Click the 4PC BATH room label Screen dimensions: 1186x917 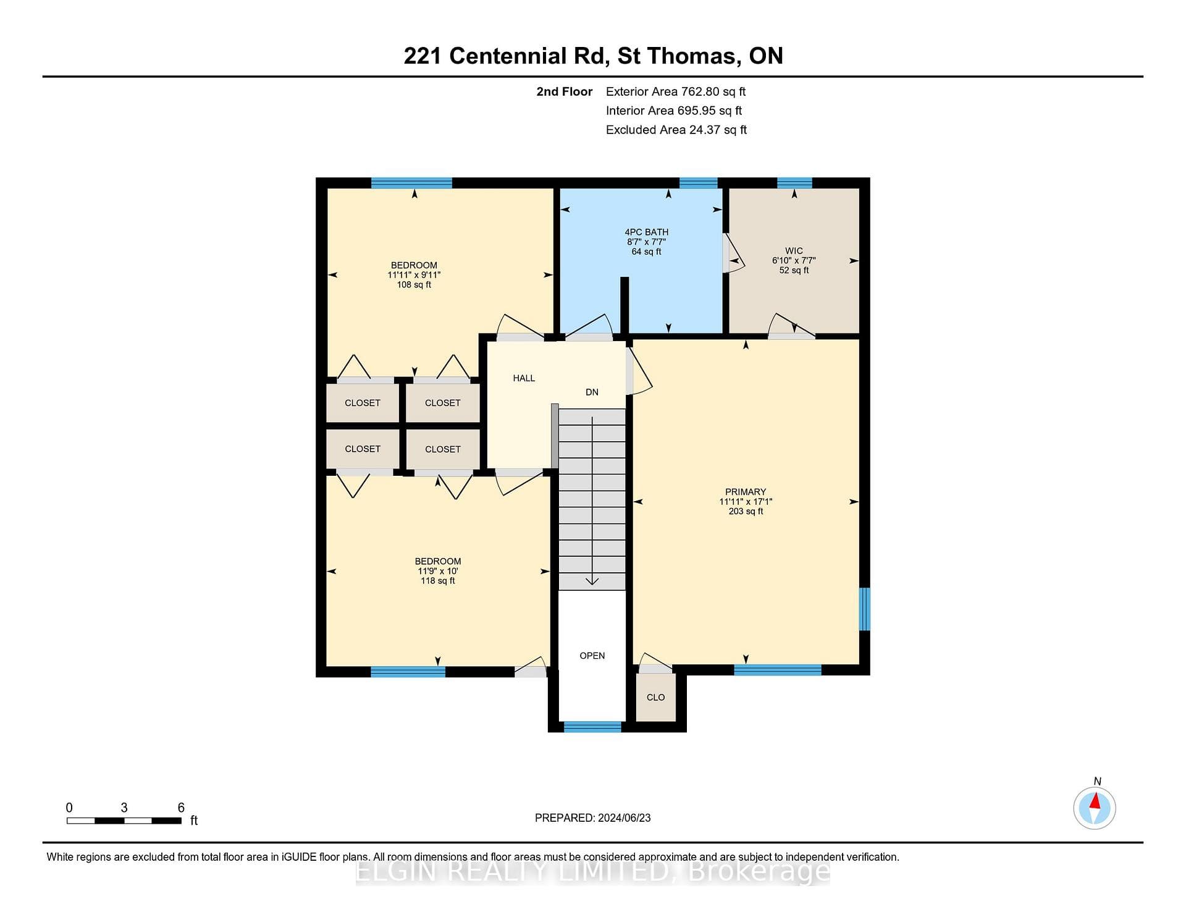tap(646, 232)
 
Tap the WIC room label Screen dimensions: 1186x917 tap(794, 251)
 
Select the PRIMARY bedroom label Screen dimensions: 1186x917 tap(746, 492)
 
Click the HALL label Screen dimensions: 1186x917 tap(524, 378)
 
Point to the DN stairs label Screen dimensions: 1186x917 tap(592, 392)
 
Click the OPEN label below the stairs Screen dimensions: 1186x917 tap(592, 656)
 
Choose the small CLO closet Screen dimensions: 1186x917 tap(656, 698)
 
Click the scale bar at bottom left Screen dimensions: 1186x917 tap(124, 821)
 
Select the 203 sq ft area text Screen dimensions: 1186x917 tap(746, 512)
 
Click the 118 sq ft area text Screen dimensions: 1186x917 tap(438, 581)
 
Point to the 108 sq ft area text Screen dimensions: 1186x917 tap(414, 285)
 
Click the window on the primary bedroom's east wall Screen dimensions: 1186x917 tap(865, 609)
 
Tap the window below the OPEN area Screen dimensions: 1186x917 tap(592, 727)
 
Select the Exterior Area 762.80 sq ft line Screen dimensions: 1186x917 tap(676, 91)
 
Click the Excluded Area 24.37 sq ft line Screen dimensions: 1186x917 tap(676, 130)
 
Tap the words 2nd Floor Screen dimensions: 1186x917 tap(564, 91)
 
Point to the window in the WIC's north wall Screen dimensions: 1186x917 tap(794, 183)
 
